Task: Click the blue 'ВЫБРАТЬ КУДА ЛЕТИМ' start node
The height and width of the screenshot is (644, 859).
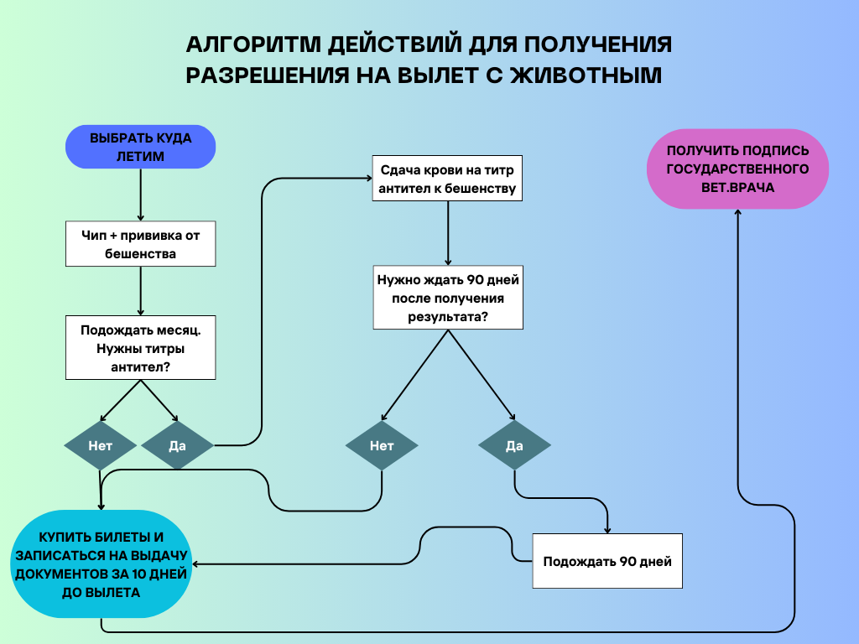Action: coord(140,148)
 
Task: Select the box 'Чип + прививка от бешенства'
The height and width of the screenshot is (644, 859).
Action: coord(140,244)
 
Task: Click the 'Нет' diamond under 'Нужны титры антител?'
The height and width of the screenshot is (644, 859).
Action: coord(101,445)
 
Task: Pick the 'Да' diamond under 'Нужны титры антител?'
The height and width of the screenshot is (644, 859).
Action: coord(177,445)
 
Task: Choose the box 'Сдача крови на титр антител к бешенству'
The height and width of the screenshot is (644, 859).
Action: coord(447,178)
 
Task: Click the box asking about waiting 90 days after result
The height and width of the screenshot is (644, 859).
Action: coord(448,298)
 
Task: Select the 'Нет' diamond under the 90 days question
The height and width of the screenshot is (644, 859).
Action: coord(382,445)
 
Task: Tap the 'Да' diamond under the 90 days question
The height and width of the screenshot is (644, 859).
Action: coord(514,445)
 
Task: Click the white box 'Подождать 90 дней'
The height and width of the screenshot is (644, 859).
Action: coord(607,561)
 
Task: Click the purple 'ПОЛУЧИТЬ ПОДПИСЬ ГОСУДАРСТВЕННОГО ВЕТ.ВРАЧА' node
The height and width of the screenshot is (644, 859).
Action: coord(737,169)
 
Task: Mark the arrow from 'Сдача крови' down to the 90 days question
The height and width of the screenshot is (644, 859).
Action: coord(447,234)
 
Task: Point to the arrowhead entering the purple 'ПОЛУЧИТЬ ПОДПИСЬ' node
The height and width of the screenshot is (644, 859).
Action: coord(737,213)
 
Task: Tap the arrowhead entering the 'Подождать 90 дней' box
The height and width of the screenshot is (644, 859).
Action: coord(607,528)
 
